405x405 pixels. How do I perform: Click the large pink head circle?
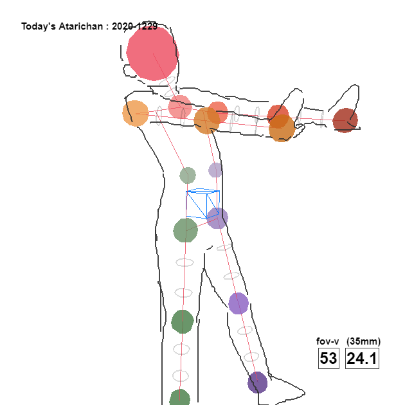point(152,53)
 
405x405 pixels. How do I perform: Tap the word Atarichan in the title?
point(81,26)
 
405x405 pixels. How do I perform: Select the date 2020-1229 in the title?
point(134,26)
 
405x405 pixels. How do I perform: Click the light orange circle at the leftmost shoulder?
point(136,113)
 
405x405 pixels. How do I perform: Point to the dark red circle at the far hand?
point(345,120)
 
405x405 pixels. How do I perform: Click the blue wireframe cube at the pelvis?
point(203,204)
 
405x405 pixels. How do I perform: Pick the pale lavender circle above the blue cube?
point(215,170)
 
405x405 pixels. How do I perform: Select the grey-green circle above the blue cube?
point(188,175)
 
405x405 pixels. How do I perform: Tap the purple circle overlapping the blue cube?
point(217,219)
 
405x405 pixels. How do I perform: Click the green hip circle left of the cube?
point(185,230)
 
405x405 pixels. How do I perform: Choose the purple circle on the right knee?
point(239,303)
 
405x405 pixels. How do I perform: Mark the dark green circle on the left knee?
point(183,322)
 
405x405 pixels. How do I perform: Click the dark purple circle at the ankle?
point(258,382)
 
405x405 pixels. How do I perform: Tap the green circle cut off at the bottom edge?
point(180,398)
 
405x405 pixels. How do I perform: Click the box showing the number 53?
point(328,358)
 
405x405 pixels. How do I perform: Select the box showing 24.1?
point(362,358)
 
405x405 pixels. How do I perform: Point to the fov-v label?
point(327,341)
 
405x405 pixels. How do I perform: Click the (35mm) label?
point(363,341)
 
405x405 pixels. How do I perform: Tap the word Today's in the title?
point(38,26)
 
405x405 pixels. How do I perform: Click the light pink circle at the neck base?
point(180,107)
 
